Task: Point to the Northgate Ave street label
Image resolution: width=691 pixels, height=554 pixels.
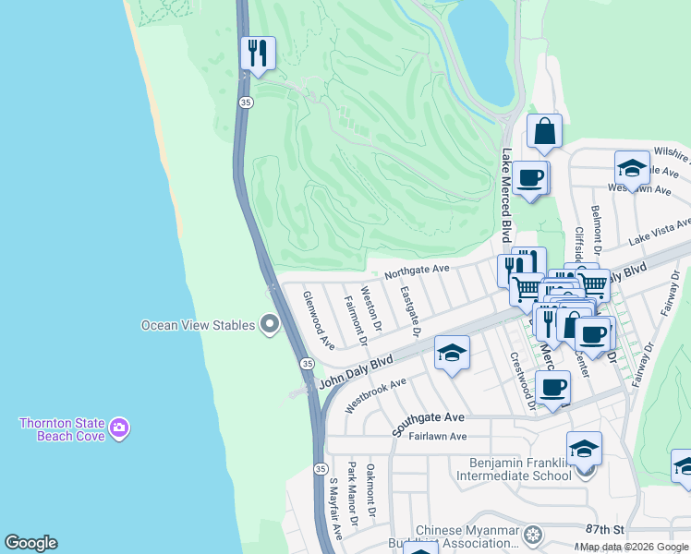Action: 417,271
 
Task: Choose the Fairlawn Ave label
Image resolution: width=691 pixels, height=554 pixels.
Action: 439,437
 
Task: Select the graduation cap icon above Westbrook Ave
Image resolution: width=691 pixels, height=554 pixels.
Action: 452,353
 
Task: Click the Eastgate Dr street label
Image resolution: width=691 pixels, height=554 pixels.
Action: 410,310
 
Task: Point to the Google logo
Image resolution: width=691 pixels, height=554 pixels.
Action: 30,543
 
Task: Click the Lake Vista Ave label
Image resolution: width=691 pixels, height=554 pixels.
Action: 660,232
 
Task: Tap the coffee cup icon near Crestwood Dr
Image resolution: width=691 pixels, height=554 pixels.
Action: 552,388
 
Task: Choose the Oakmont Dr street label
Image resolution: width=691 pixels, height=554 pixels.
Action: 371,490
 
